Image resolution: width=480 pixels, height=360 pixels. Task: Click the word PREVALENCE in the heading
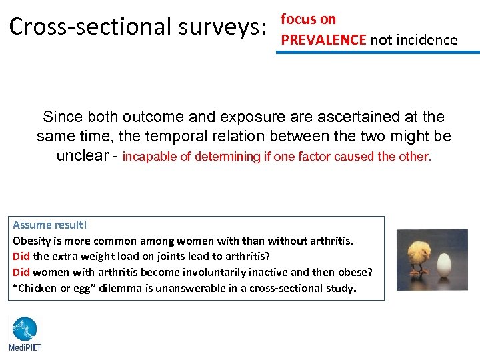point(323,40)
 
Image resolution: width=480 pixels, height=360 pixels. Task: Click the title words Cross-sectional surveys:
point(137,27)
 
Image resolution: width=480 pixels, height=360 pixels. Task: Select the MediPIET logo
point(25,333)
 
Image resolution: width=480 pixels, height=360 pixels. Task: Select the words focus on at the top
point(308,19)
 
